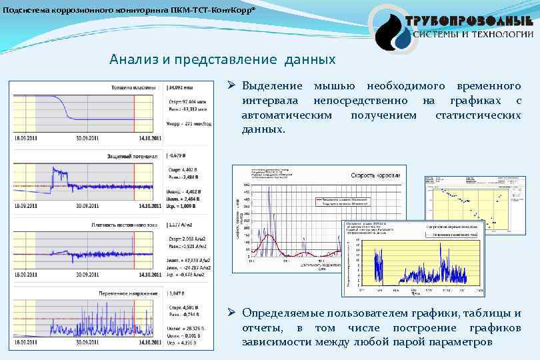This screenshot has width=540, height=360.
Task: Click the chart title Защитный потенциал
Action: coord(132,156)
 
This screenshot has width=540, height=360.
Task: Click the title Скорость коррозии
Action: coord(375,175)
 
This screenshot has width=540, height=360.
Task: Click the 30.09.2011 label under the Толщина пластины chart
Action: coord(88,139)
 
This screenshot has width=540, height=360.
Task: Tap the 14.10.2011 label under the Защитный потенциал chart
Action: coord(147,207)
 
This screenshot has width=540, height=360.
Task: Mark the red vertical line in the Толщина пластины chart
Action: coord(134,113)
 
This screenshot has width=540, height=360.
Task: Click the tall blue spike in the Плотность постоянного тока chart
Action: coord(133,243)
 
